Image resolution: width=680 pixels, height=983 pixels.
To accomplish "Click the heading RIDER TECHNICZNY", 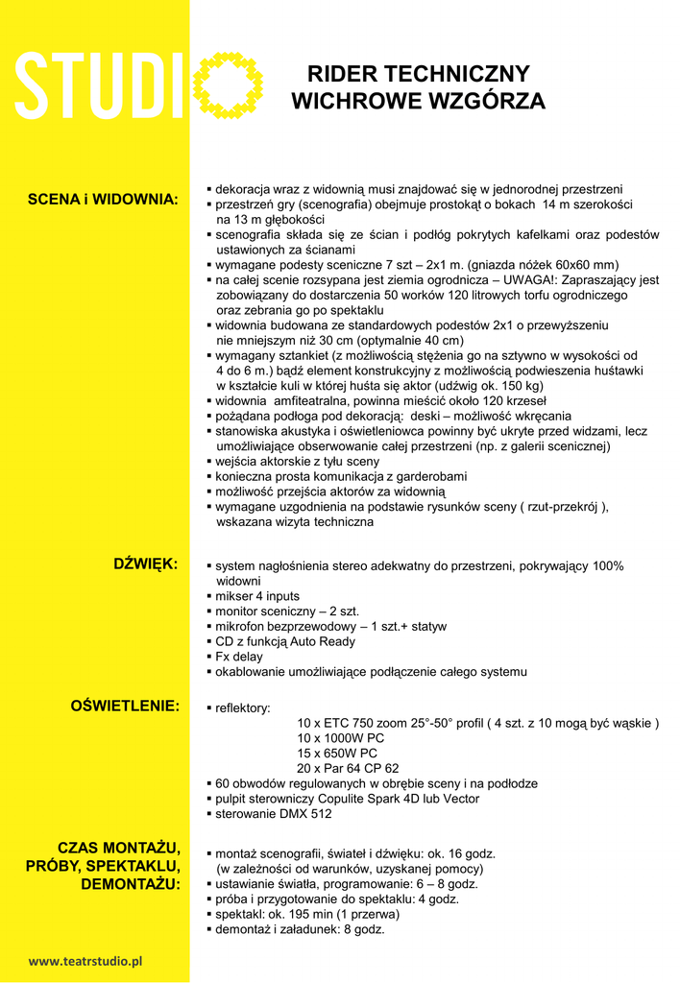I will pos(419,75).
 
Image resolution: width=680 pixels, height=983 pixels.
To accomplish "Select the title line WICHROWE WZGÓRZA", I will pos(418,101).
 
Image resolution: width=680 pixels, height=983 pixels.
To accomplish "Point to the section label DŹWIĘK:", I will pos(146,563).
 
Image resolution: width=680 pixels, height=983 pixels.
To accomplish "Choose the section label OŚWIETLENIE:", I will pos(125,707).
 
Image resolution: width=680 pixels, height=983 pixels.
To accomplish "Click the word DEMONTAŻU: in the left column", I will pos(130,883).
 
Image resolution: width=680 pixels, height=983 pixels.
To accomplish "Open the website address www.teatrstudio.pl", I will pos(85,960).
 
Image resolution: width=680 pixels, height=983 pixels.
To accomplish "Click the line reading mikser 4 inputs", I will pos(257,596).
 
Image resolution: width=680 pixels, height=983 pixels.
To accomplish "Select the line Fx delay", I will pos(238,657).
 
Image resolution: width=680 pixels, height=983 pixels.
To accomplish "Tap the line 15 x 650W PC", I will pos(337,754).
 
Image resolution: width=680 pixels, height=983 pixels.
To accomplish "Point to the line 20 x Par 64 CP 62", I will pos(348,769).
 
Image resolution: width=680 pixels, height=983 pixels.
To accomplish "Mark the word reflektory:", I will pos(242,708).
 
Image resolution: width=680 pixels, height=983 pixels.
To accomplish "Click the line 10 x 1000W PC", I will pos(341,738).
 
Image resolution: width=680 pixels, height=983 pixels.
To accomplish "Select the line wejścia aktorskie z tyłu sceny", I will pos(297,462).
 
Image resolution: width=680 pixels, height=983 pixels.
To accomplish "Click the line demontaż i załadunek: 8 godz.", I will pos(300,930).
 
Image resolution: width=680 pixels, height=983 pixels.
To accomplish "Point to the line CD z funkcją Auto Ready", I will pos(284,641).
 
